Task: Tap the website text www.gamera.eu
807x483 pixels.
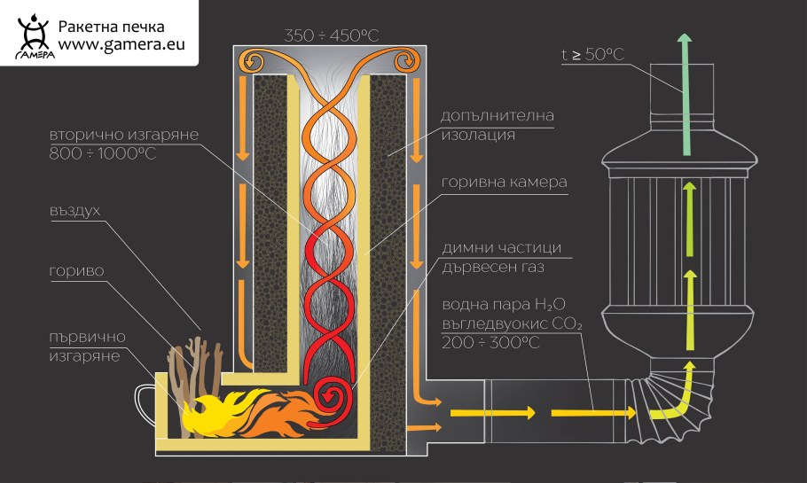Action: [121, 47]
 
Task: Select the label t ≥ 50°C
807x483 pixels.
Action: [592, 55]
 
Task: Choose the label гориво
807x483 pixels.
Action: [72, 269]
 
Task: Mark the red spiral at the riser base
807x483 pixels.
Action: [335, 396]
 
